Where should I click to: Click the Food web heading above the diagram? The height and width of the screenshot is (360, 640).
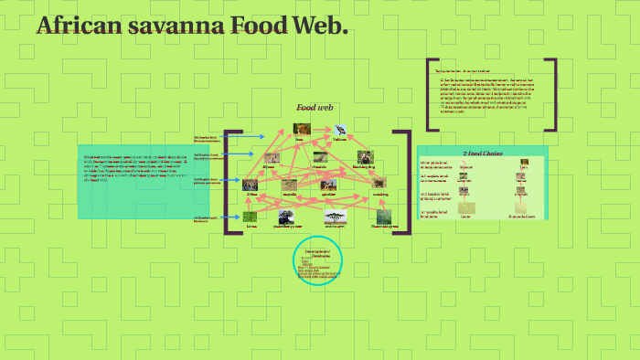tap(313, 107)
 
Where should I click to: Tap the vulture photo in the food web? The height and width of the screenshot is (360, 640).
tap(340, 130)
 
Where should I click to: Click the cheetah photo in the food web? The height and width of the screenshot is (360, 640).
tap(319, 158)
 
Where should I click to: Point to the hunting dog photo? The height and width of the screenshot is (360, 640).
tap(365, 157)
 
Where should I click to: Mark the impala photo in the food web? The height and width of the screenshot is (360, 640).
tap(290, 185)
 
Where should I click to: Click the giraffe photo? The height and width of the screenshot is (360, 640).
tap(329, 185)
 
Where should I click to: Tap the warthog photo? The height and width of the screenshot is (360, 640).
tap(379, 184)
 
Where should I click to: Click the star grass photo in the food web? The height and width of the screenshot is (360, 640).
tap(383, 217)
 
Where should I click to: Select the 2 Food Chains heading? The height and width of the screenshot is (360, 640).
tap(483, 154)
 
